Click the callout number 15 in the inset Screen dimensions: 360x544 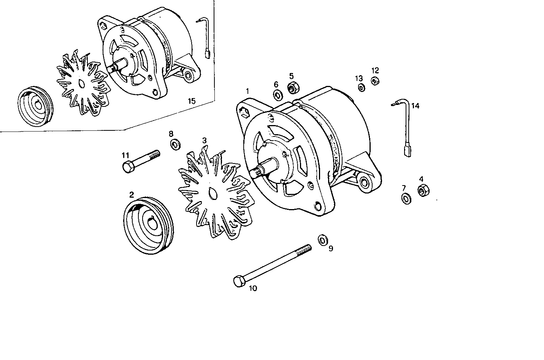pyautogui.click(x=192, y=101)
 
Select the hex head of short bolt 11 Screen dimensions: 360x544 pyautogui.click(x=128, y=167)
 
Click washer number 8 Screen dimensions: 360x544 pyautogui.click(x=176, y=144)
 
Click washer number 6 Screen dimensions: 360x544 pyautogui.click(x=277, y=94)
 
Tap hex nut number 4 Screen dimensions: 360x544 pyautogui.click(x=423, y=190)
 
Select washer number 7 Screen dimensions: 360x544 pyautogui.click(x=406, y=198)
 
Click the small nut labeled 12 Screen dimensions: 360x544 pyautogui.click(x=375, y=81)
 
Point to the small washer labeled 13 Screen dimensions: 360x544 pyautogui.click(x=360, y=88)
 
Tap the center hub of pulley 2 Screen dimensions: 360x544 pyautogui.click(x=152, y=224)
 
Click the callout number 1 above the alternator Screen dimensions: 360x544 pyautogui.click(x=247, y=91)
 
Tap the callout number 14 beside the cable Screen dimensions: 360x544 pyautogui.click(x=415, y=106)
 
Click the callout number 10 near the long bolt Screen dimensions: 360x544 pyautogui.click(x=253, y=288)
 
